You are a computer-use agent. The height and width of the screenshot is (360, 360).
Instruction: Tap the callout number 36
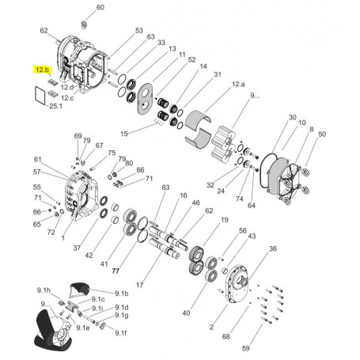[x=273, y=248]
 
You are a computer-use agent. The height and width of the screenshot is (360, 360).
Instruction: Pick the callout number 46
[x=195, y=203]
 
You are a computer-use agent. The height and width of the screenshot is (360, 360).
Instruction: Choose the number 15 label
[x=123, y=132]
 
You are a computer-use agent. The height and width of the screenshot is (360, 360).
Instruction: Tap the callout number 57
[x=37, y=172]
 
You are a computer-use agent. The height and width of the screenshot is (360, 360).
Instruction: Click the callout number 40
[x=187, y=314]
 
